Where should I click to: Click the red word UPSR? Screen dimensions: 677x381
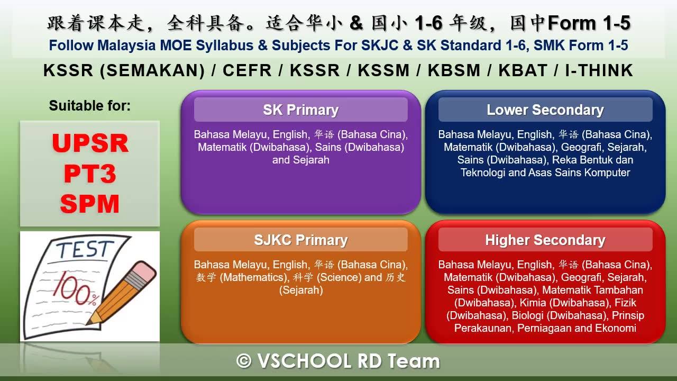tap(90, 143)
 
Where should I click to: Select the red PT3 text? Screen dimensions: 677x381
tap(90, 174)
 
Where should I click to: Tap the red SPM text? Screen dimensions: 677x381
tap(90, 204)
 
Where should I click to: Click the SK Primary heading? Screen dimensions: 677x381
tap(301, 110)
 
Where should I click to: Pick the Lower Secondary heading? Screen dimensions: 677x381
tap(545, 110)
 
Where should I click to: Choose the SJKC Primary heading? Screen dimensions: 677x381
tap(301, 240)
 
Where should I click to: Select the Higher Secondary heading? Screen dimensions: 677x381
tap(545, 240)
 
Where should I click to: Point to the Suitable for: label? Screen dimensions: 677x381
tap(90, 106)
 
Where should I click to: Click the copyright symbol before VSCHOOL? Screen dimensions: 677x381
tap(244, 361)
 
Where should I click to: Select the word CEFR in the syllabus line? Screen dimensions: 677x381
tap(247, 70)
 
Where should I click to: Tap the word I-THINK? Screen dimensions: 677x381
tap(599, 70)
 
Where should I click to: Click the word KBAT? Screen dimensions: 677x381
tap(523, 70)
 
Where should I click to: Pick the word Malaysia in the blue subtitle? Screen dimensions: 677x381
tap(126, 46)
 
